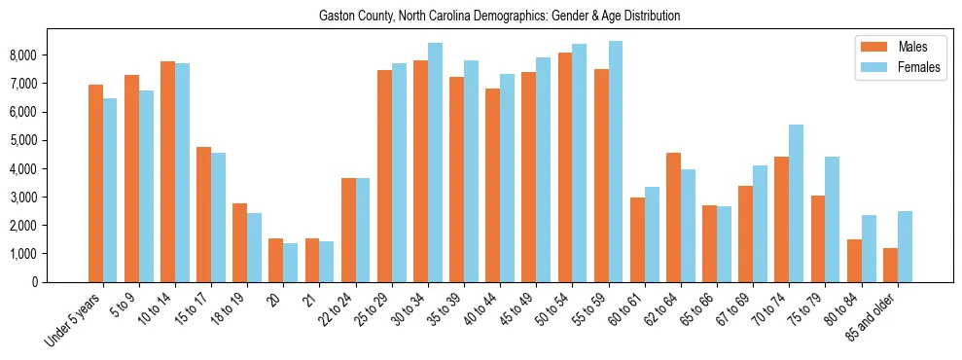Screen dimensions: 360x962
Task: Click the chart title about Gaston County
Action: tap(499, 17)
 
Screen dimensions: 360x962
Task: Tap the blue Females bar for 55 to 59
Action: tap(616, 162)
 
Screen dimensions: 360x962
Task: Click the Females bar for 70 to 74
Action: tap(796, 203)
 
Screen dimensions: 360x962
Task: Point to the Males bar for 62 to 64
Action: tap(673, 217)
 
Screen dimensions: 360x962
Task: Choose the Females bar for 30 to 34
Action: tap(435, 162)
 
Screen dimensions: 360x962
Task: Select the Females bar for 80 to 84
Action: tap(869, 248)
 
